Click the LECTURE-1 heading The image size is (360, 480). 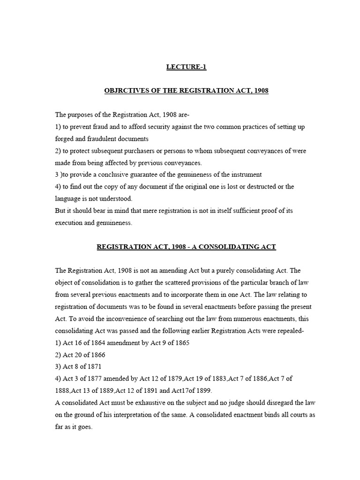[x=186, y=67]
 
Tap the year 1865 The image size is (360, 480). [x=181, y=343]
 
